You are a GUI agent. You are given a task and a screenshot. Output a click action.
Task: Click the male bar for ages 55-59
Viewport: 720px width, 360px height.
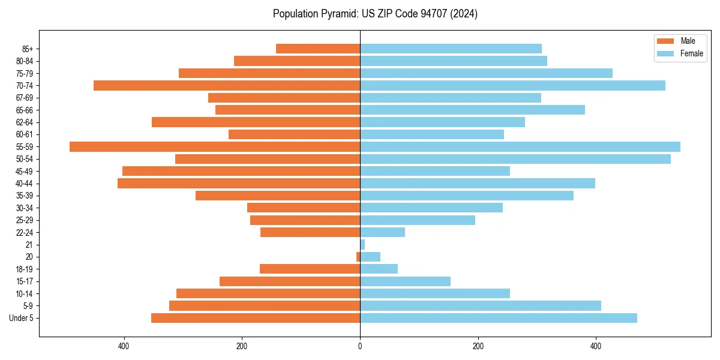tap(215, 146)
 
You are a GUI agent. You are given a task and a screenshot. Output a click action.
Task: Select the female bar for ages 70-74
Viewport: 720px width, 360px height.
tap(512, 85)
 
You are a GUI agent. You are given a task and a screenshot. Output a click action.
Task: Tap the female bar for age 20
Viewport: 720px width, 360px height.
tap(370, 257)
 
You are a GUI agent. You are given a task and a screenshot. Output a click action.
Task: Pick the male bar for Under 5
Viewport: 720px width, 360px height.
tap(256, 318)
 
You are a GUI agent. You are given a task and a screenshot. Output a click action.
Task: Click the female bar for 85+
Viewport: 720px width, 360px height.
tap(451, 49)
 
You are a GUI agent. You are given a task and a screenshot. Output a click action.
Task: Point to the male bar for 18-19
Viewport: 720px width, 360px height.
tap(310, 269)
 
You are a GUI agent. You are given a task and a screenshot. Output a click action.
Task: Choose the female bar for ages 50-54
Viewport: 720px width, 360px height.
tap(515, 159)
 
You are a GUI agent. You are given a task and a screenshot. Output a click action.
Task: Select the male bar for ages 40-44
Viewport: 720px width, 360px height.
tap(239, 183)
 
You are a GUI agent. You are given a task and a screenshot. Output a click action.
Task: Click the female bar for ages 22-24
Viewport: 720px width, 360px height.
tap(382, 232)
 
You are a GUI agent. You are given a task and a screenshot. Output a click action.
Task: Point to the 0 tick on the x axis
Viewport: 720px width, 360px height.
tap(360, 346)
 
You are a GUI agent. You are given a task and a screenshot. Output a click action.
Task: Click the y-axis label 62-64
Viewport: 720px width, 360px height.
tap(25, 122)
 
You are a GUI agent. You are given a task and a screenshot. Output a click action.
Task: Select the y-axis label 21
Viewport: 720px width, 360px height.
tap(29, 245)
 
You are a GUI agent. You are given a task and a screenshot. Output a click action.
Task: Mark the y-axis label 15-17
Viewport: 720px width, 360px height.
tap(25, 281)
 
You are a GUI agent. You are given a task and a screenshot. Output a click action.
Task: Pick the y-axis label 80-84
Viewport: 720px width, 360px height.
tap(25, 61)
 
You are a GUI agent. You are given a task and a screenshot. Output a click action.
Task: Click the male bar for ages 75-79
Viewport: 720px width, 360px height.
tap(269, 73)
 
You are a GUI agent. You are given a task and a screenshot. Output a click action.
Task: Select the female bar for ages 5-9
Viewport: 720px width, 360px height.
tap(481, 305)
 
